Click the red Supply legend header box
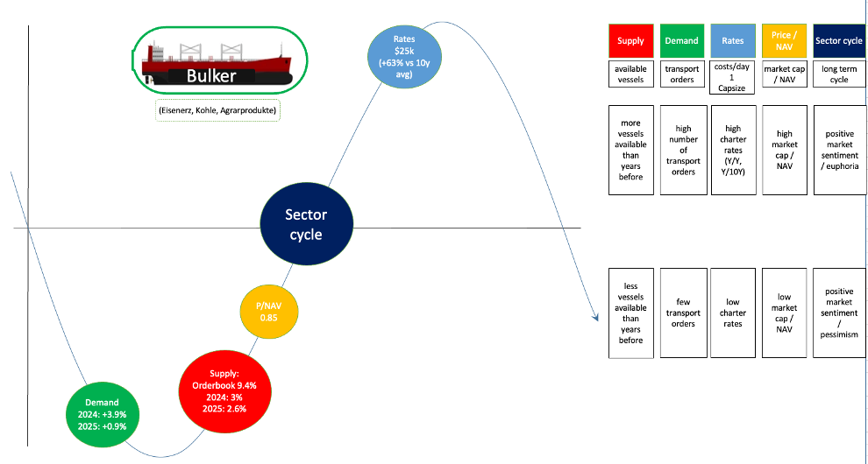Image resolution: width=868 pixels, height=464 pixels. coord(630,41)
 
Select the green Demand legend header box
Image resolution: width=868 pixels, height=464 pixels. coord(681,41)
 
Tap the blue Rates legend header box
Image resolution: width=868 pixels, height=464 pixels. coord(733,41)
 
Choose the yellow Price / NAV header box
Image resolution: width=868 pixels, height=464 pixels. coord(784,41)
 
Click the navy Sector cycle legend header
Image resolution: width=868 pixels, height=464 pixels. coord(839,41)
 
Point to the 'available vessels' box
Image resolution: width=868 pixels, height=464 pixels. coord(630,74)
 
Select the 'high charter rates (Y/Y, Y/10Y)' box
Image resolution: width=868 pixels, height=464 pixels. coord(733,150)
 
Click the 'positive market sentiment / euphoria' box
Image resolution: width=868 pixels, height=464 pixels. coord(839,150)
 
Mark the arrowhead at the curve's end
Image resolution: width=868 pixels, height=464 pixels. coord(595,316)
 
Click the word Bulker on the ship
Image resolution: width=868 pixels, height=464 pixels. coord(211,76)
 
